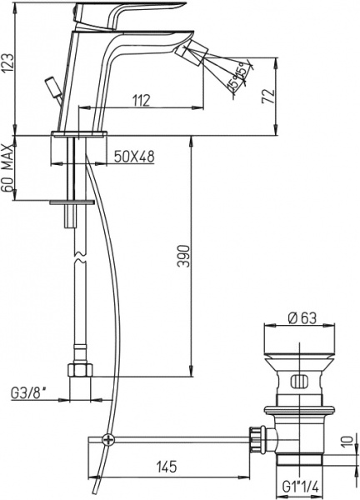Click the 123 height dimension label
pyautogui.click(x=8, y=60)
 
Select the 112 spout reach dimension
pyautogui.click(x=139, y=99)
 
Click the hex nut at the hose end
pyautogui.click(x=77, y=369)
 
